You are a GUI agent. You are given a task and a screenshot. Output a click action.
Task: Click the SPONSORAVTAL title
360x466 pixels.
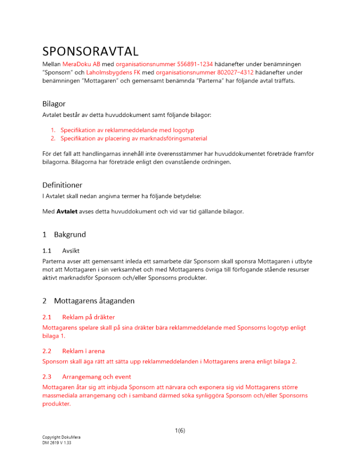coord(90,50)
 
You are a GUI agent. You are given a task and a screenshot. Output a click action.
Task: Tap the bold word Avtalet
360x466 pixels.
coord(68,212)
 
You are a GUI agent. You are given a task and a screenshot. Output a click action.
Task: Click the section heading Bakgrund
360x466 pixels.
coord(70,234)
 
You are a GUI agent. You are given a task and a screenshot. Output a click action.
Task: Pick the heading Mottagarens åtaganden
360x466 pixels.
coord(94,301)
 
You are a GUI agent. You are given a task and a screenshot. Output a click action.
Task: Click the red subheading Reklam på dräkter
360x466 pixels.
coord(88,317)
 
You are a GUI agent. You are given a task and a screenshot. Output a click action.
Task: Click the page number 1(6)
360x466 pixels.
coord(180,431)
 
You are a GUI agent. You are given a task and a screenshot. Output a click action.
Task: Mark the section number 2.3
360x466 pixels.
coord(47,376)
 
